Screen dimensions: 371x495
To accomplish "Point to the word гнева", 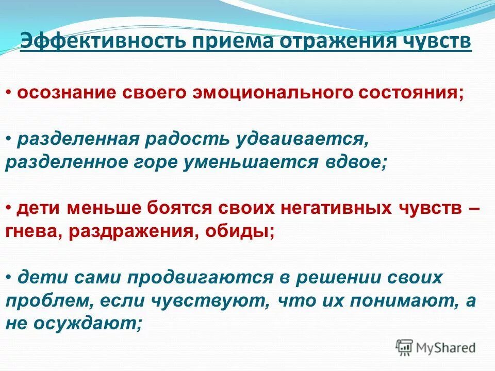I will pyautogui.click(x=32, y=230).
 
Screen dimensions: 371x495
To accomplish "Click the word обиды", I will pyautogui.click(x=240, y=230).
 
